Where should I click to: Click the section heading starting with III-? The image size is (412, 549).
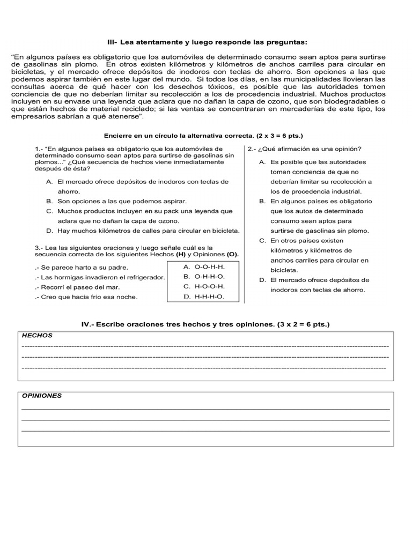click(207, 42)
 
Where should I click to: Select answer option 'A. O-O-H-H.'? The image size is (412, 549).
click(203, 266)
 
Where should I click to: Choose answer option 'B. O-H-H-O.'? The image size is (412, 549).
click(203, 277)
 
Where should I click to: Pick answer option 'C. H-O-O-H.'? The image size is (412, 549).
click(203, 287)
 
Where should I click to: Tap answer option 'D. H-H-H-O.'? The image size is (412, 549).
click(203, 296)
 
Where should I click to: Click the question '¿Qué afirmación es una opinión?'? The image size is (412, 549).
click(304, 149)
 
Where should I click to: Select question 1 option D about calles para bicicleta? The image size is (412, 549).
click(143, 231)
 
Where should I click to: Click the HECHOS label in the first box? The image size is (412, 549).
click(37, 335)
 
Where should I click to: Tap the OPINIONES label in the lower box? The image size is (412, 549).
click(42, 396)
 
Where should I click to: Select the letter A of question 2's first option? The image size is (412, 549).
click(262, 162)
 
